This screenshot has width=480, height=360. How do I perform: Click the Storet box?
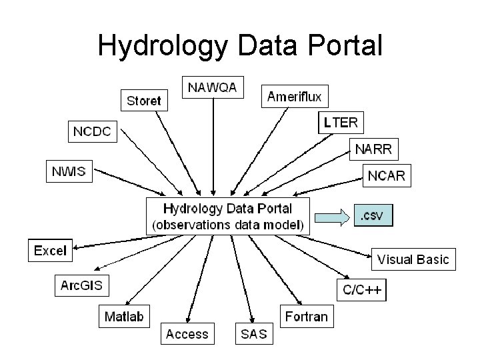pyautogui.click(x=144, y=101)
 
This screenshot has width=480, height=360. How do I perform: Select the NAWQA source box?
pyautogui.click(x=213, y=87)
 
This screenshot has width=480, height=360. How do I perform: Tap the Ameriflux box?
pyautogui.click(x=294, y=97)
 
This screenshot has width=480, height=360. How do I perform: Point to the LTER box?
pyautogui.click(x=341, y=122)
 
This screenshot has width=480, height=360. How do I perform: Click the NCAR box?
pyautogui.click(x=387, y=175)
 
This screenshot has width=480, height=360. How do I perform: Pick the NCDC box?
pyautogui.click(x=92, y=131)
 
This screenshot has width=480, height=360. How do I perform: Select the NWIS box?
pyautogui.click(x=69, y=171)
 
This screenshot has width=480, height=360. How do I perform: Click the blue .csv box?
pyautogui.click(x=373, y=215)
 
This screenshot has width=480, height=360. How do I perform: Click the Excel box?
pyautogui.click(x=50, y=251)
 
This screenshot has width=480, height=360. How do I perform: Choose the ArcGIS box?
pyautogui.click(x=81, y=286)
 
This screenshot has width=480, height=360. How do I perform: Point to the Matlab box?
pyautogui.click(x=124, y=316)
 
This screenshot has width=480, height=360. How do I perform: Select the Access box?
pyautogui.click(x=187, y=333)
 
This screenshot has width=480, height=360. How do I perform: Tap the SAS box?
pyautogui.click(x=253, y=333)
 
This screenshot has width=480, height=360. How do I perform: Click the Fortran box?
pyautogui.click(x=307, y=316)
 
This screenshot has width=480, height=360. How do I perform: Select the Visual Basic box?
pyautogui.click(x=413, y=259)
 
